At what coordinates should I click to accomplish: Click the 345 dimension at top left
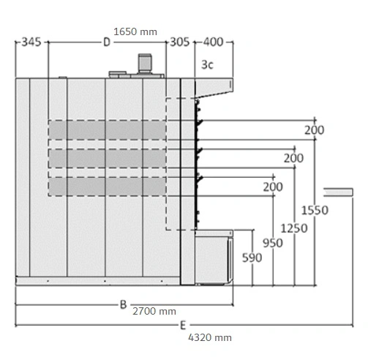click(x=31, y=42)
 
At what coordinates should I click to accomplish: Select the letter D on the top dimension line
click(x=107, y=42)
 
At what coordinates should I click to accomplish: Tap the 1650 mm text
click(x=135, y=31)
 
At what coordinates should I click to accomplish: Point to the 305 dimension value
click(x=180, y=42)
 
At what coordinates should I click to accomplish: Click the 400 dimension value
click(x=214, y=42)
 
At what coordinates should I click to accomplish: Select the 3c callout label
click(x=207, y=64)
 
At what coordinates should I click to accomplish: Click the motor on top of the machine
click(x=145, y=63)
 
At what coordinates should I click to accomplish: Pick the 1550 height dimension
click(x=315, y=210)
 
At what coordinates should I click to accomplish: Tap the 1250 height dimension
click(x=294, y=228)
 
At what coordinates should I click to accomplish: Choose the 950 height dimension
click(x=273, y=243)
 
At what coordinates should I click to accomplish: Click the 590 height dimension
click(x=252, y=258)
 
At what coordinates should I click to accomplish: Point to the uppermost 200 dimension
click(x=315, y=130)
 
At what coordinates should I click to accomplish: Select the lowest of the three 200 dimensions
click(x=273, y=187)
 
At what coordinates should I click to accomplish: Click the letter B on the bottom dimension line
click(x=124, y=304)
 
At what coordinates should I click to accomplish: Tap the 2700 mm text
click(x=154, y=312)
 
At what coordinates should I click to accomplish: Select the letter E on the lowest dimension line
click(x=183, y=326)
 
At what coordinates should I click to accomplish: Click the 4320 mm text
click(x=210, y=338)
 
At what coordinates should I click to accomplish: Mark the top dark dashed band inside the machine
click(x=107, y=130)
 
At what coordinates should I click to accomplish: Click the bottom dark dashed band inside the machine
click(x=107, y=187)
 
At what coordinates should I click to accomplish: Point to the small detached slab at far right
click(x=338, y=192)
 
